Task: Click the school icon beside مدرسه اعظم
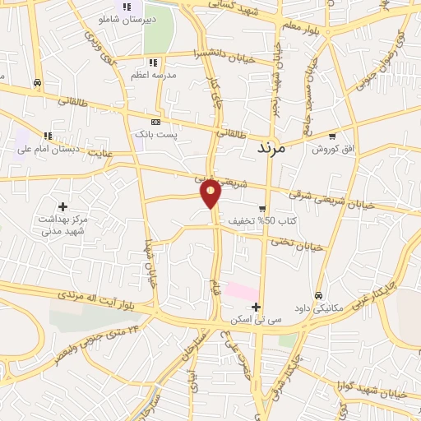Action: [x=153, y=62]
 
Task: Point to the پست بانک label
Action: [x=155, y=132]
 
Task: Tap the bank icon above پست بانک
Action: [x=155, y=120]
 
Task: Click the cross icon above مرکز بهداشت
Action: [x=62, y=206]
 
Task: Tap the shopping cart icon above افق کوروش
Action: [x=331, y=136]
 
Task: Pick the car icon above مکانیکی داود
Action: [x=318, y=294]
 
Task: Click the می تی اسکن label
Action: [x=257, y=317]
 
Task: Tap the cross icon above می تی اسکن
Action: [x=257, y=306]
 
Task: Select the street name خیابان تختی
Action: [x=295, y=244]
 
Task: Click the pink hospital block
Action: [x=241, y=291]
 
